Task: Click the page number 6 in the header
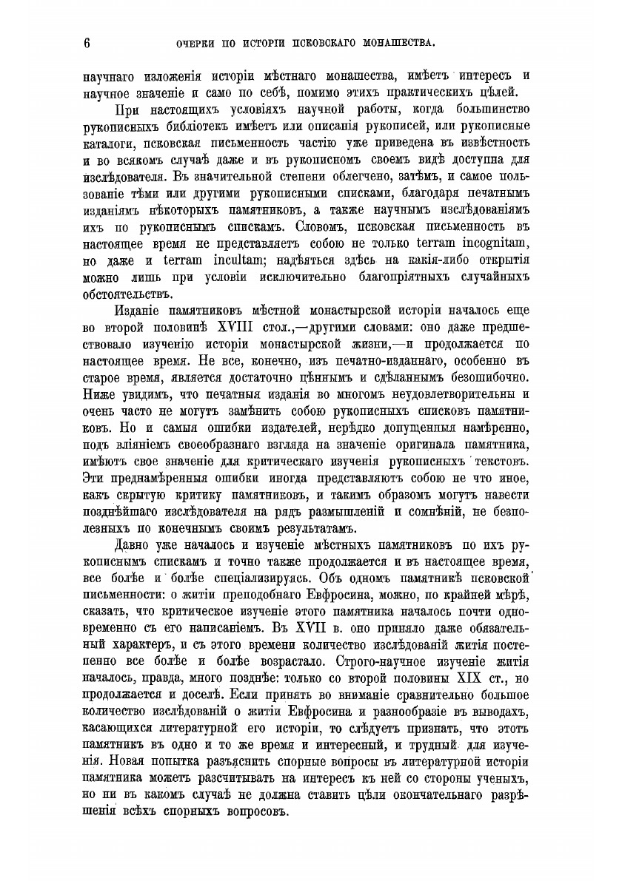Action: (87, 43)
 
